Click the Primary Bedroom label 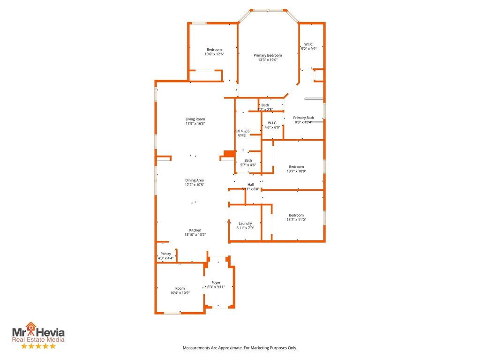click(268, 55)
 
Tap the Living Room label click(195, 119)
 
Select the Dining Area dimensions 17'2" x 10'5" click(194, 185)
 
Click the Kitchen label click(195, 230)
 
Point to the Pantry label click(165, 254)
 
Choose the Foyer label click(216, 283)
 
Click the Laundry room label click(245, 224)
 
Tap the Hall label click(250, 185)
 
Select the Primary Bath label click(303, 118)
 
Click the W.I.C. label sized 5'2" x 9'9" click(308, 44)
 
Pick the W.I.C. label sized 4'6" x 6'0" click(272, 123)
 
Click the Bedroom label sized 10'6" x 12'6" click(214, 50)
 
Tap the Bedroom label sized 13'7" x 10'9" click(296, 167)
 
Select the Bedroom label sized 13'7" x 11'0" click(296, 215)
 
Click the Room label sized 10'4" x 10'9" click(180, 288)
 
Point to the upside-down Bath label click(242, 135)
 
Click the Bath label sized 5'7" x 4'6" click(248, 160)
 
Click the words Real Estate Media click(38, 339)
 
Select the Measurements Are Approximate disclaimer click(240, 348)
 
